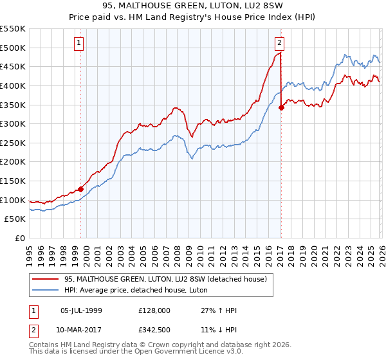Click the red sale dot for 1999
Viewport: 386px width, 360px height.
point(80,189)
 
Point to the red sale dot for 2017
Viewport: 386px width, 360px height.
point(281,108)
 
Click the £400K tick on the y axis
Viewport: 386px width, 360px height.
point(13,85)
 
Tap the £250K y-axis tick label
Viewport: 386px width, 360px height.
point(13,143)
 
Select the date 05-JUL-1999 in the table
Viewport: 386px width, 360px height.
point(81,310)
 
